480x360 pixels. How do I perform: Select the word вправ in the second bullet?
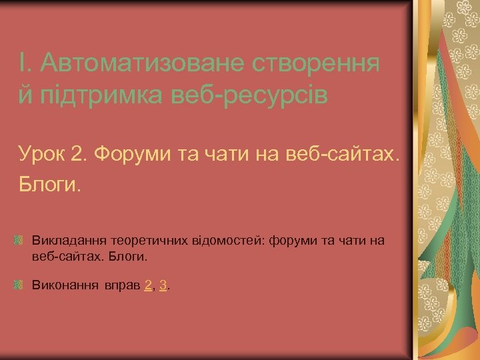pos(122,285)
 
